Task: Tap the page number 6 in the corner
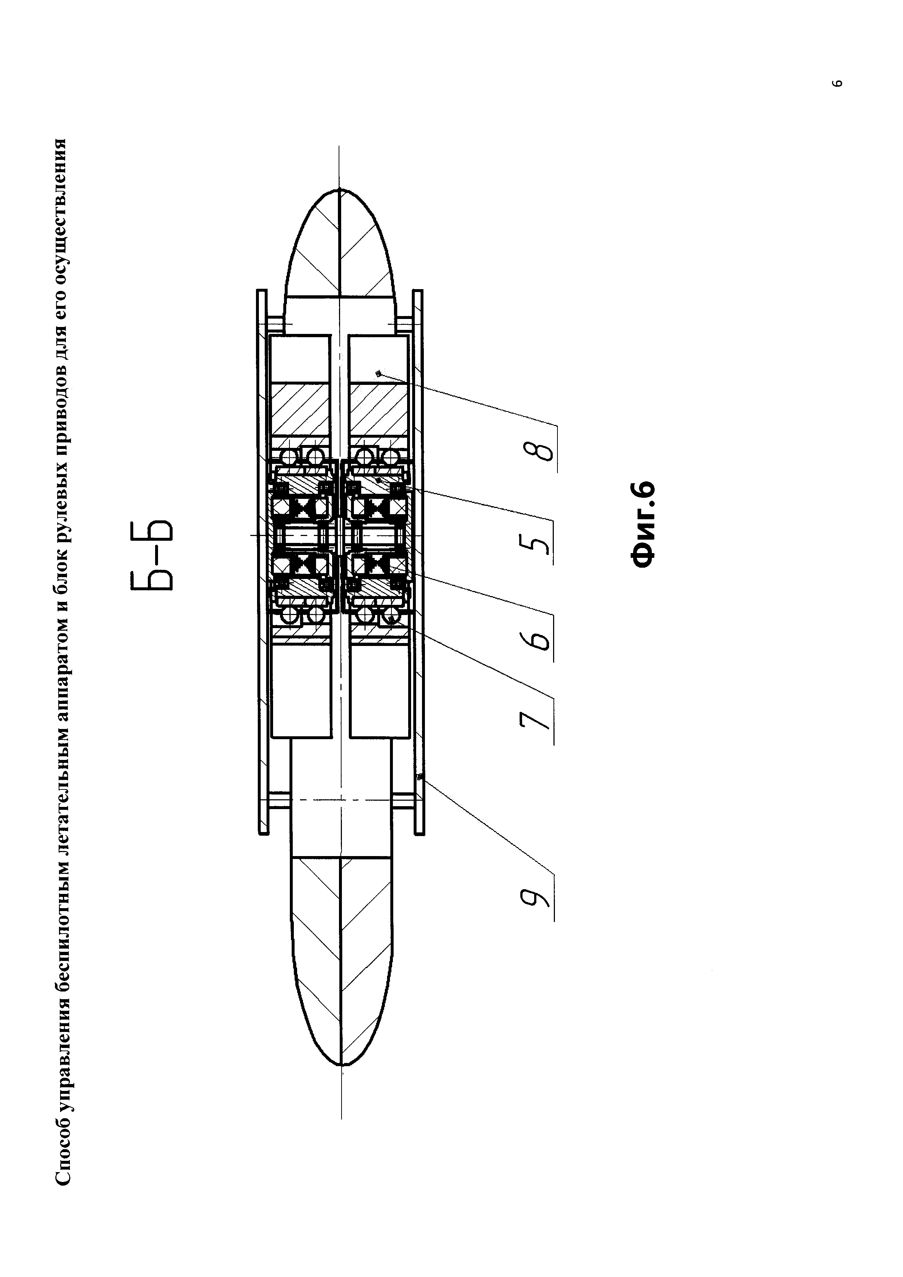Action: pos(839,83)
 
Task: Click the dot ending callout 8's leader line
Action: pos(378,374)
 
